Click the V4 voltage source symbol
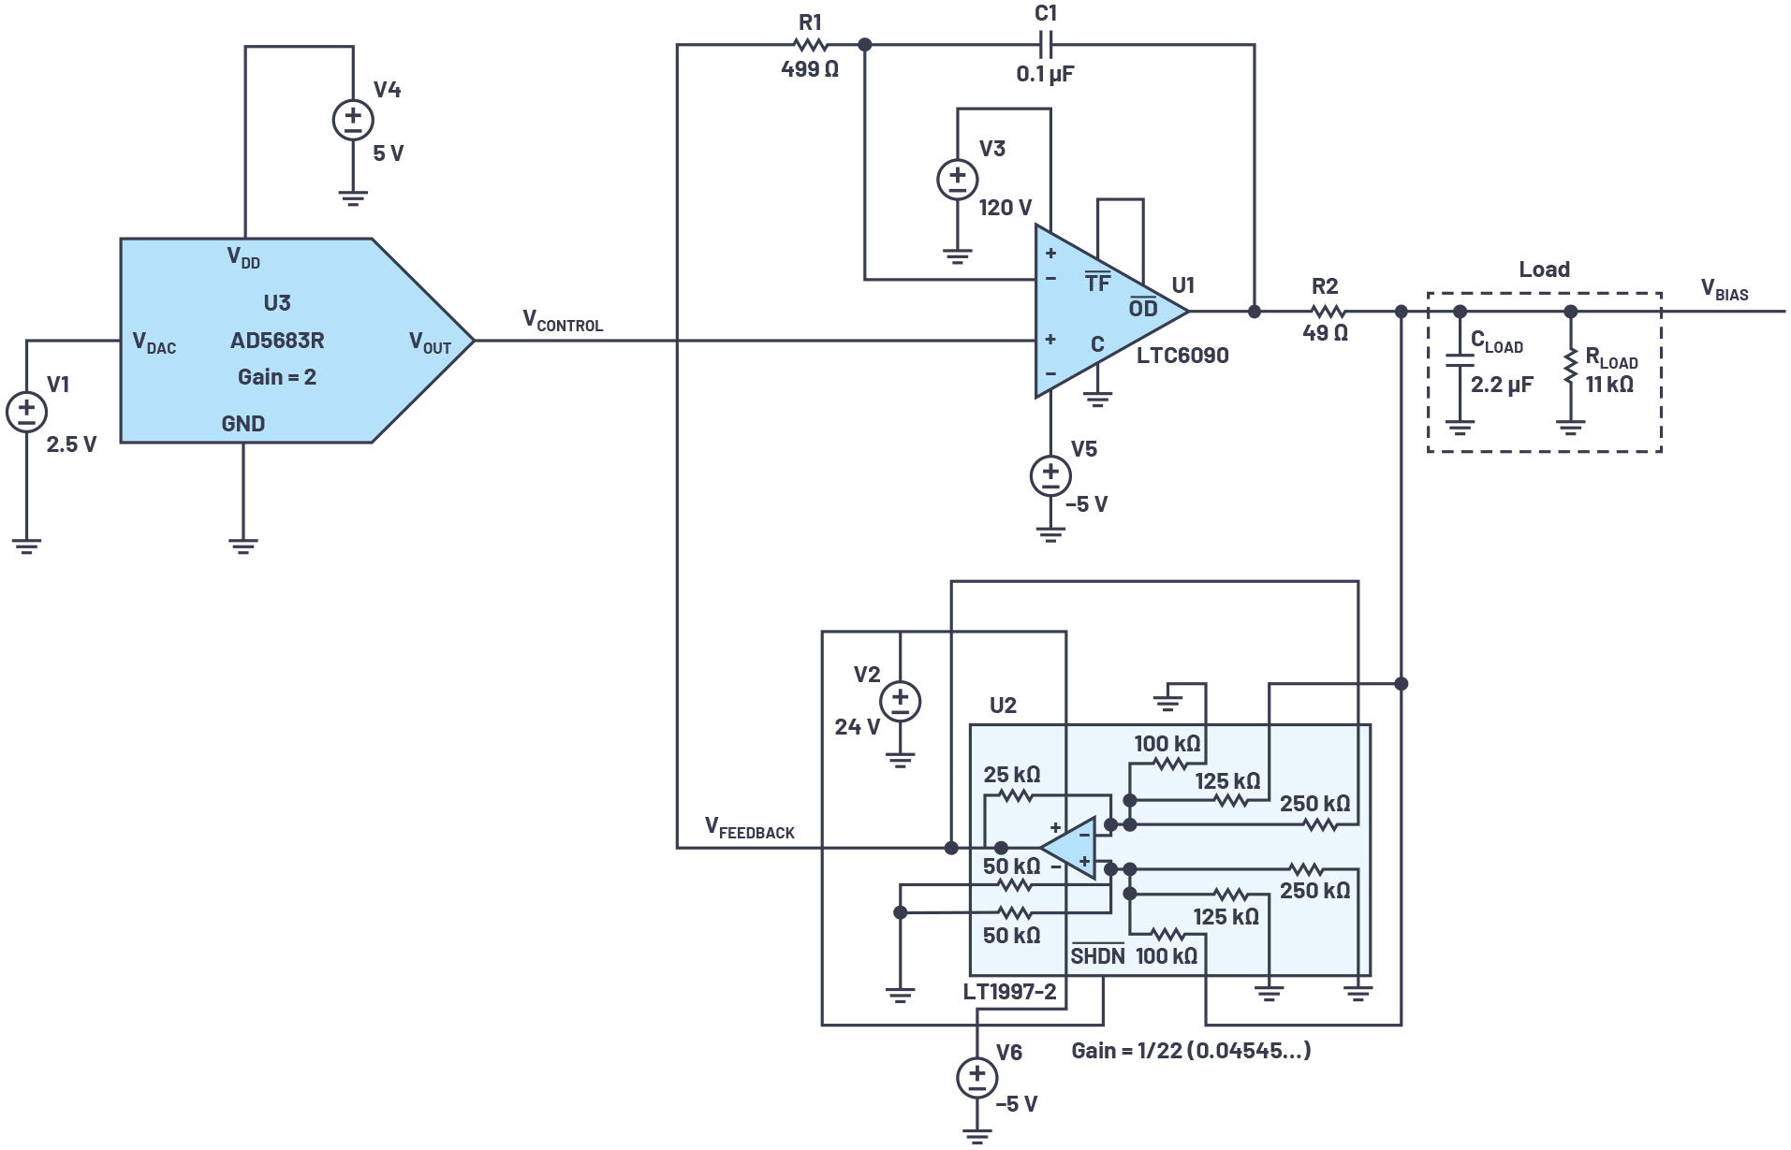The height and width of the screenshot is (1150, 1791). click(353, 121)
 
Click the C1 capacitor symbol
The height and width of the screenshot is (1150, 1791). click(1046, 44)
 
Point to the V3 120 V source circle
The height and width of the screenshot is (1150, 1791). click(957, 180)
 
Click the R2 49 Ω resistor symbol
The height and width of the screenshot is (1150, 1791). click(1326, 312)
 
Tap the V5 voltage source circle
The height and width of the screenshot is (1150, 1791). click(1050, 476)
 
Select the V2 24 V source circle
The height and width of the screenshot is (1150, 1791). click(900, 702)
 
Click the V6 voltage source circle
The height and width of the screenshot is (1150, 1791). click(976, 1077)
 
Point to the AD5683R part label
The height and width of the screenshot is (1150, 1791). click(277, 341)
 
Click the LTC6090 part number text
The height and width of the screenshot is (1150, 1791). click(1182, 356)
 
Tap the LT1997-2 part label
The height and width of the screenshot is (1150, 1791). click(1009, 992)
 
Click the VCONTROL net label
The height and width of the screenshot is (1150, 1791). click(563, 321)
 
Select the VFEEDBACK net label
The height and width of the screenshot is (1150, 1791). click(749, 828)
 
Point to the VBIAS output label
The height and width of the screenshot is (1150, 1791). click(1724, 290)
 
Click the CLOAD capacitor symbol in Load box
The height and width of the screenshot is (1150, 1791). click(1459, 360)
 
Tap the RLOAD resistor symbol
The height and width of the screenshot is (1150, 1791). click(1570, 368)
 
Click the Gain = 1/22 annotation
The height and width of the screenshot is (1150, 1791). click(1190, 1051)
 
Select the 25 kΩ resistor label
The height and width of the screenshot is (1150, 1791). click(1011, 775)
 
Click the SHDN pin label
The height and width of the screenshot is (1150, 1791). click(1097, 955)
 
